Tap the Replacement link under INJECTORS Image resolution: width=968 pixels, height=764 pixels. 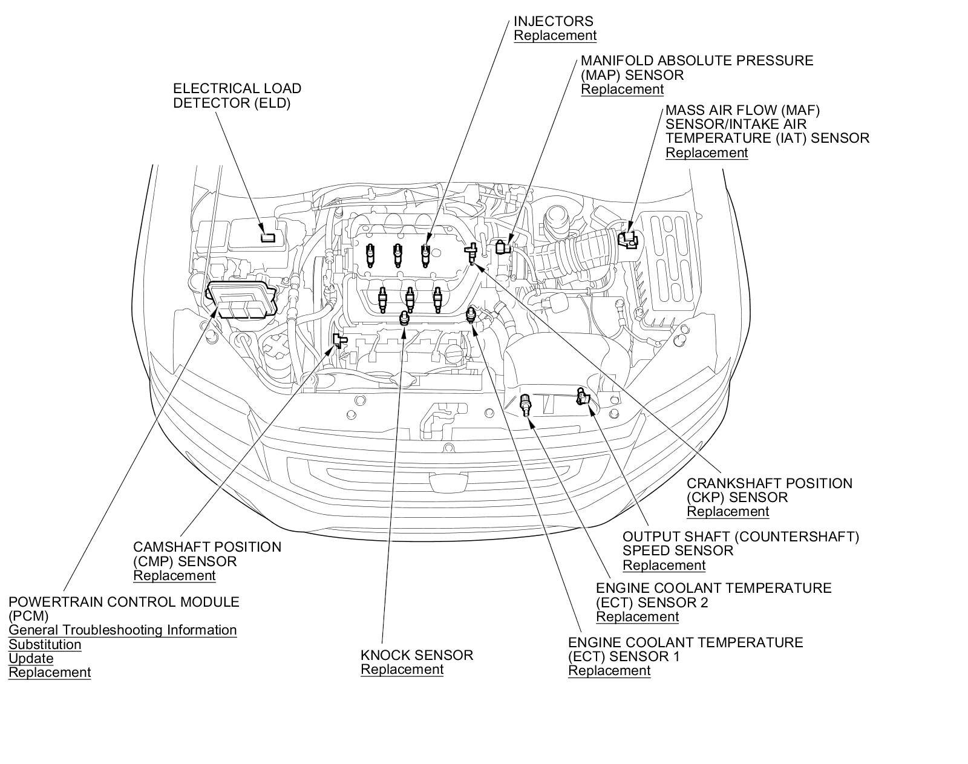pos(555,36)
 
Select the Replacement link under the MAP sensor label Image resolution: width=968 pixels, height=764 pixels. pos(622,90)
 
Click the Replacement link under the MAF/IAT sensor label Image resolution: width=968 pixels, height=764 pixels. pos(707,153)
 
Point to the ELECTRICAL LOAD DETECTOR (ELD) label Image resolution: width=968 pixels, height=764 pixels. pos(237,96)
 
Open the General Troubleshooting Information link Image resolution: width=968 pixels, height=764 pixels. pos(122,630)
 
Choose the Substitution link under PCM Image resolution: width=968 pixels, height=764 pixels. pos(45,645)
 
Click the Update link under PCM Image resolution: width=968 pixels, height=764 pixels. pos(31,659)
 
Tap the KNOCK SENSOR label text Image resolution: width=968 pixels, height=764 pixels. pos(417,655)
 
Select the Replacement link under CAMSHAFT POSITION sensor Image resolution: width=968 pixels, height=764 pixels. pos(174,576)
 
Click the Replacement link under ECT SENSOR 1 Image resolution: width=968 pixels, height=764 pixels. pos(609,671)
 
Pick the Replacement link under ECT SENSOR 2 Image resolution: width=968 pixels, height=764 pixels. pos(637,617)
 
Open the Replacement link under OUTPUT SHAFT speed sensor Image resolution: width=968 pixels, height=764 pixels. pos(664,566)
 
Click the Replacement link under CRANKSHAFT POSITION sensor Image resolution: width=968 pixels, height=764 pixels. pos(728,512)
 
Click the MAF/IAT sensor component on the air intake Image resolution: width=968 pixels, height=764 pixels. pos(628,238)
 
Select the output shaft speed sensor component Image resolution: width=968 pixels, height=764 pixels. pos(583,397)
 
